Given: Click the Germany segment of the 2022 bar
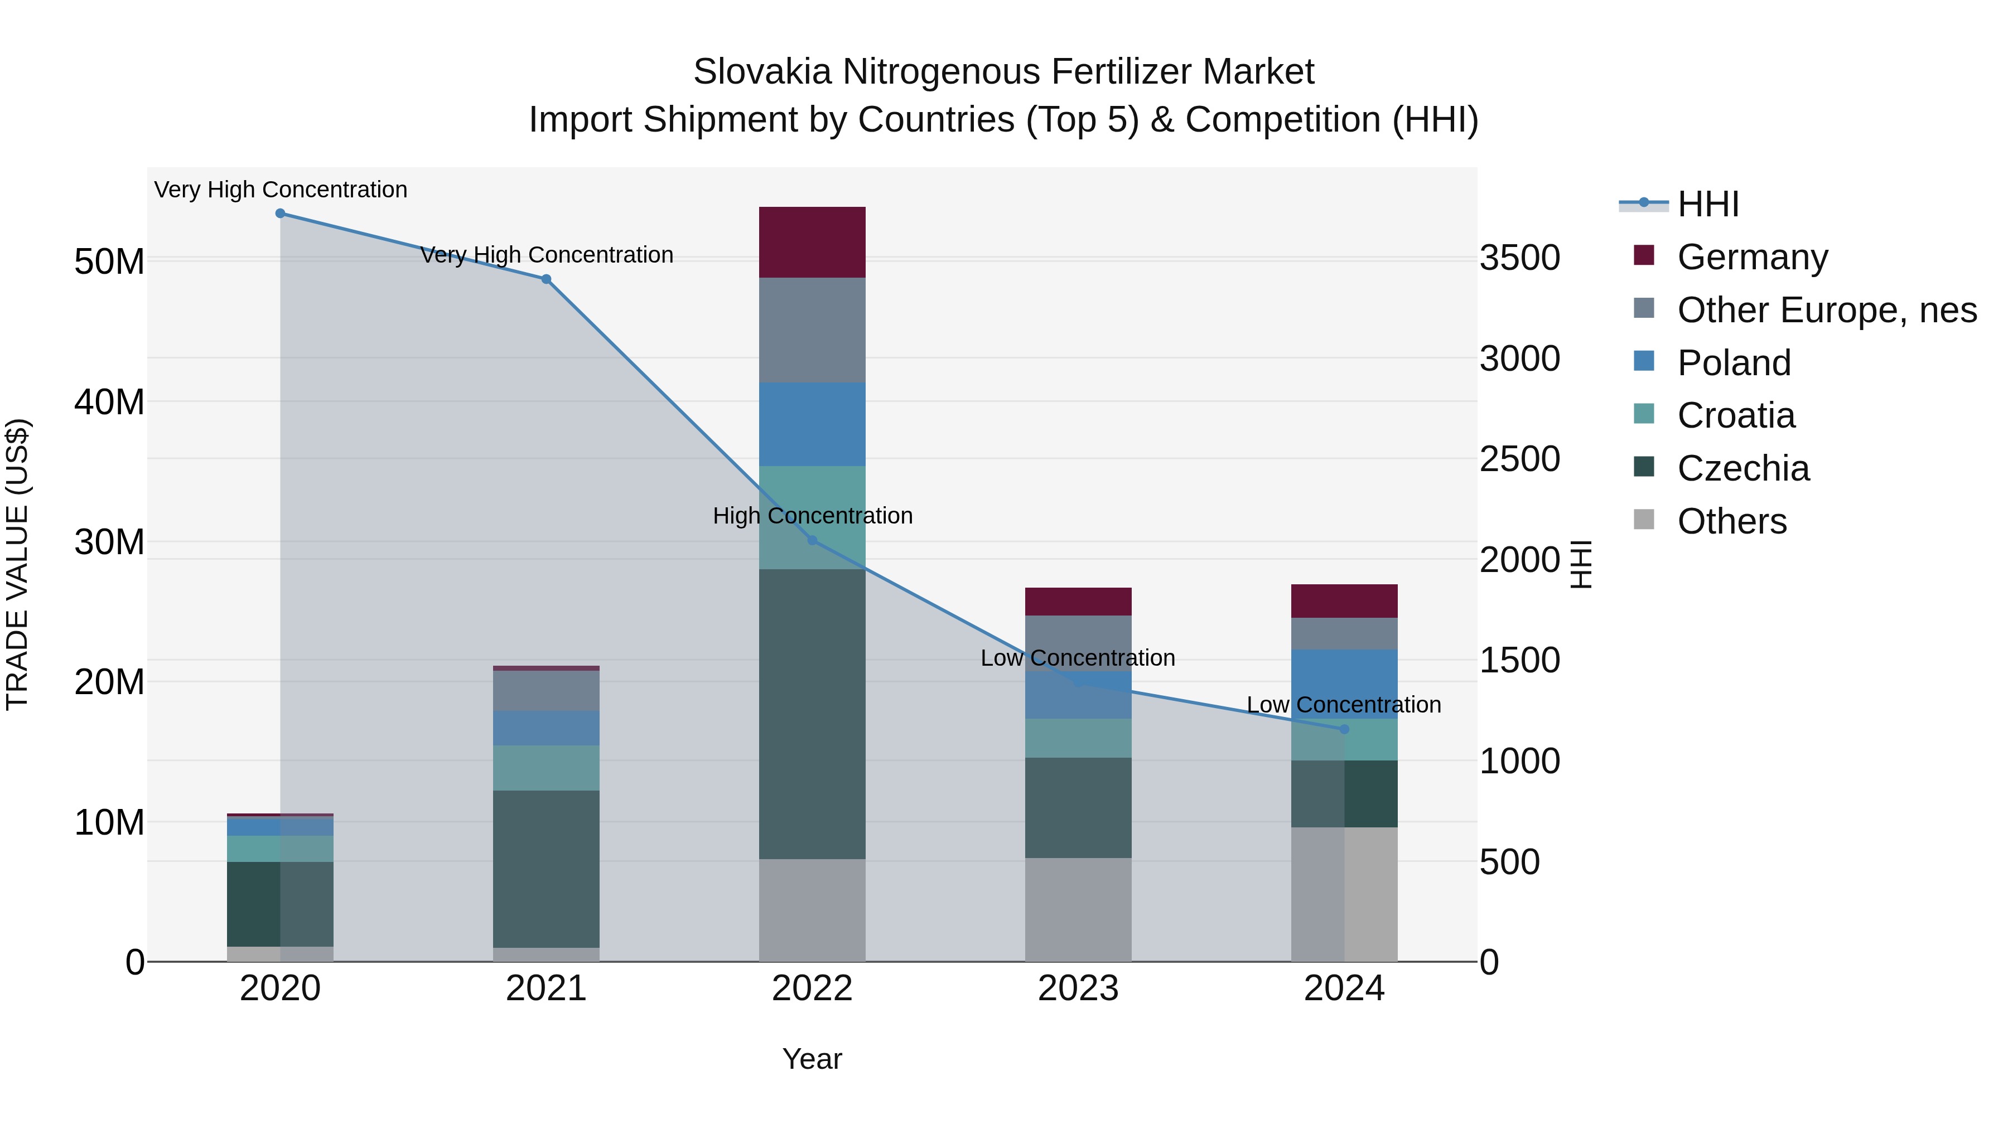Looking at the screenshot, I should click(x=812, y=243).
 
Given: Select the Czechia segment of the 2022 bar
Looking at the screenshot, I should click(x=812, y=714).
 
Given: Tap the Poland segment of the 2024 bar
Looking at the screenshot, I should click(x=1344, y=684).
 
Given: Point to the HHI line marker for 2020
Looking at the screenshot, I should click(x=281, y=214).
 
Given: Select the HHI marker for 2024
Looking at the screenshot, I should click(x=1344, y=729).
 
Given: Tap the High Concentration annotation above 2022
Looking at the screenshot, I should click(x=812, y=516).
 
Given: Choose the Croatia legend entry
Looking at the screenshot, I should click(x=1735, y=415).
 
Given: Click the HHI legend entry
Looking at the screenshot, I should click(x=1707, y=204).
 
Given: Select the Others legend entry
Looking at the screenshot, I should click(x=1731, y=521).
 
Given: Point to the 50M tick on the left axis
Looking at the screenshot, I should click(x=109, y=262).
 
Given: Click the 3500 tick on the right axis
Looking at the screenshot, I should click(x=1519, y=258).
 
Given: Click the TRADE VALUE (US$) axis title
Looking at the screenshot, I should click(x=17, y=564).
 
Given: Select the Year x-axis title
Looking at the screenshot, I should click(x=812, y=1059).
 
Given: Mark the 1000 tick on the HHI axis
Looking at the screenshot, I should click(x=1519, y=761).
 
